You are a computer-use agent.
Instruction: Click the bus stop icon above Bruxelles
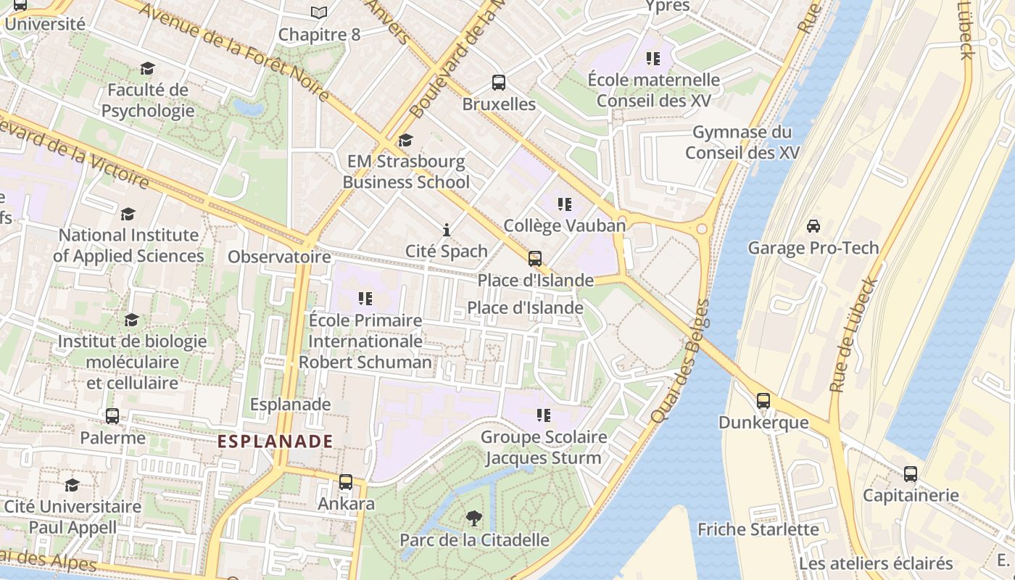point(499,83)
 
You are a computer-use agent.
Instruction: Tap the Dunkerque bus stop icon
point(763,400)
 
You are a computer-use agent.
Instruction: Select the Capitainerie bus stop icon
point(911,474)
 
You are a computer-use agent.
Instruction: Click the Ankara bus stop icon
point(346,481)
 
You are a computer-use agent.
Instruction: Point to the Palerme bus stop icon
point(112,416)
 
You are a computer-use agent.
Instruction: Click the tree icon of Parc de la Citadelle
point(474,518)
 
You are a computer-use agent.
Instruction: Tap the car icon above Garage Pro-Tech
point(813,225)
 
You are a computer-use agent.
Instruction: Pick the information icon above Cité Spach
point(446,230)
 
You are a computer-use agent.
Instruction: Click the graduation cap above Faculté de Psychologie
point(148,69)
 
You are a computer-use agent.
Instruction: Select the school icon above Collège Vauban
point(564,204)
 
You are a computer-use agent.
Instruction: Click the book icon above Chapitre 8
point(319,12)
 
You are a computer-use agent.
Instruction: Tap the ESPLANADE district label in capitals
point(275,441)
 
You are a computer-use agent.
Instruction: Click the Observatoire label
point(280,257)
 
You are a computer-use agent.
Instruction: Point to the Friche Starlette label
point(758,529)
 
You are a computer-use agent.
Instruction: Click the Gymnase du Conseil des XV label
point(742,143)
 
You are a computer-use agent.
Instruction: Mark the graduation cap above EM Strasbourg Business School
point(405,140)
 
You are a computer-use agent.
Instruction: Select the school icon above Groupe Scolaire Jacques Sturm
point(543,415)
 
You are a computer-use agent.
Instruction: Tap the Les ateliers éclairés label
point(876,563)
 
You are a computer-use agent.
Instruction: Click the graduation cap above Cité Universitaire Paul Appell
point(72,484)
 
